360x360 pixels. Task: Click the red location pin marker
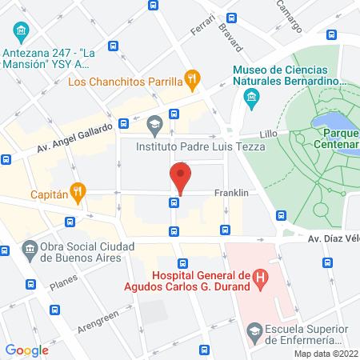pyautogui.click(x=180, y=177)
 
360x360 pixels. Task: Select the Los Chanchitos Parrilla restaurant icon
pyautogui.click(x=191, y=79)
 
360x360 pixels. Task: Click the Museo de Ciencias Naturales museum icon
pyautogui.click(x=250, y=98)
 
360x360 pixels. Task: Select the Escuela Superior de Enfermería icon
pyautogui.click(x=254, y=330)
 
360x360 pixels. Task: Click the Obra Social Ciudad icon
pyautogui.click(x=30, y=249)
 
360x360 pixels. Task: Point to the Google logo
pyautogui.click(x=26, y=350)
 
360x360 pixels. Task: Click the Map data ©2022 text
pyautogui.click(x=324, y=354)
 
